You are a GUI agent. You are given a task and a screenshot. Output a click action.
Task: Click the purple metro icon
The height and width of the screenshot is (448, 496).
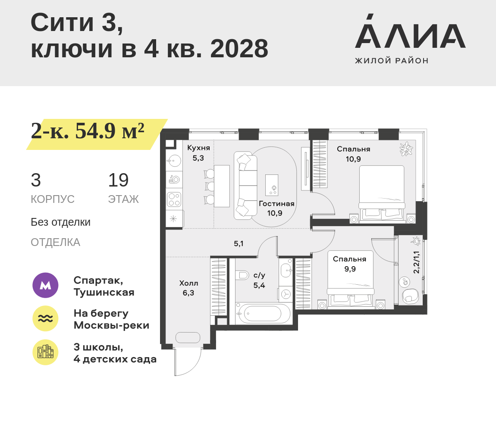point(46,285)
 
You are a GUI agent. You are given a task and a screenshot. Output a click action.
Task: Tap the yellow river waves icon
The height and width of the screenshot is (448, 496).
point(46,318)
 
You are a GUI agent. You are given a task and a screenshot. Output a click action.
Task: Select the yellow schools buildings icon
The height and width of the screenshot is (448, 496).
point(46,352)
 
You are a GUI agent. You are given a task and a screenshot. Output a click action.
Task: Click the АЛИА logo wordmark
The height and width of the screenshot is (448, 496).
point(410,31)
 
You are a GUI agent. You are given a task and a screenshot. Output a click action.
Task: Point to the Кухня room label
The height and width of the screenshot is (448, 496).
point(198,148)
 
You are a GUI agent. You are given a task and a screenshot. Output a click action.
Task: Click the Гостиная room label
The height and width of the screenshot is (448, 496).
point(276,204)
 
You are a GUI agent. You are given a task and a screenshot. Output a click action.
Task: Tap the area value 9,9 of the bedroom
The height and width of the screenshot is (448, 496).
point(350,269)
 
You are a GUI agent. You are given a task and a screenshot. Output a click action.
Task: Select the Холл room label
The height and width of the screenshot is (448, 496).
point(188,283)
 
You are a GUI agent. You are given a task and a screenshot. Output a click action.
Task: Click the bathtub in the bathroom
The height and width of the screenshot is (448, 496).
point(263,314)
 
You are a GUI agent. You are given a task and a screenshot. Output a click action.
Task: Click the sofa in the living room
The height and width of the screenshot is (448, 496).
point(245,186)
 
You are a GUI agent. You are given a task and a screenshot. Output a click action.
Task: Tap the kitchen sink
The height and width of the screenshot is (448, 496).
point(174,161)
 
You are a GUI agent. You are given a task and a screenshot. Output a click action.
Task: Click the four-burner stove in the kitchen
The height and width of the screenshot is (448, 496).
point(174,199)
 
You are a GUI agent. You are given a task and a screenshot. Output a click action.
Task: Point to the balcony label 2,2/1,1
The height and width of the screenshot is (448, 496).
point(416,262)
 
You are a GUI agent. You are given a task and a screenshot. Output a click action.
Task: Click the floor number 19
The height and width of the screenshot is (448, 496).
point(118,180)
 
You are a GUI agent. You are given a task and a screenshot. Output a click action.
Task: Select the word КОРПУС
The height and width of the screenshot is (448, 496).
point(53,199)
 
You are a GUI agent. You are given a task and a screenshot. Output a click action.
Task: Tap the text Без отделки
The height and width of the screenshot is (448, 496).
point(60,222)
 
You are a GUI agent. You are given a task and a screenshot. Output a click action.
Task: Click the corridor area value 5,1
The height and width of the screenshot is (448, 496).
point(239,243)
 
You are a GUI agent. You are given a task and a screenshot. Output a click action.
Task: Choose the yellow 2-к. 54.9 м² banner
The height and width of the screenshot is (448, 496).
point(97,134)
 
